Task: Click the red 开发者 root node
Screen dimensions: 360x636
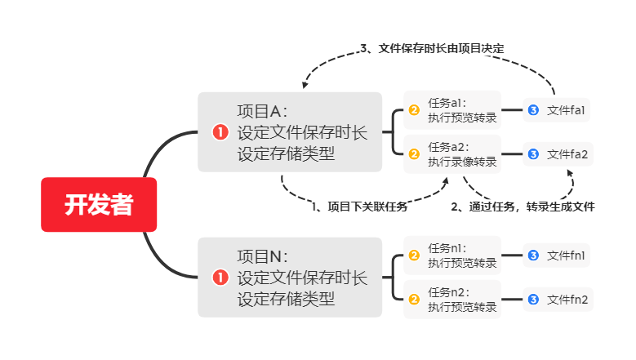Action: tap(99, 205)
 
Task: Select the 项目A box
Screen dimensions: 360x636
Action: tap(290, 132)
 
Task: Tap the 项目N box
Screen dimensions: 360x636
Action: tap(290, 278)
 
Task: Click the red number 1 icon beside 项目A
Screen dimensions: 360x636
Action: tap(220, 132)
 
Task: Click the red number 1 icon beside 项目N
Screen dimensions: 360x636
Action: tap(220, 278)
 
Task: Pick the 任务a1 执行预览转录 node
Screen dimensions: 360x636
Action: tap(451, 110)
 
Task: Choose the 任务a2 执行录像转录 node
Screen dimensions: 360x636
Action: tap(451, 153)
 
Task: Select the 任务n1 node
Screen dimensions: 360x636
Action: tap(451, 256)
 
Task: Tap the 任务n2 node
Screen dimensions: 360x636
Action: tap(451, 300)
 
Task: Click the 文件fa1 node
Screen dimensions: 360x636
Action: tap(557, 110)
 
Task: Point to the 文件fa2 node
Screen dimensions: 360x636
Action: tap(557, 153)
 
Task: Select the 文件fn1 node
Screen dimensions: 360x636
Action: tap(557, 256)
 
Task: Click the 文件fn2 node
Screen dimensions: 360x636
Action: tap(557, 300)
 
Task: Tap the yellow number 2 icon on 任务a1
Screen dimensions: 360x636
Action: tap(414, 110)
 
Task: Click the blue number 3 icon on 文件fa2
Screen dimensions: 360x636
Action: tap(533, 153)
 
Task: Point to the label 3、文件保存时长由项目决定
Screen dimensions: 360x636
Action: tap(432, 49)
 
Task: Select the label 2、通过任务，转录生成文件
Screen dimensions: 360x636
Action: tap(523, 207)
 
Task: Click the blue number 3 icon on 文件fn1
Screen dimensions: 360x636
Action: tap(533, 256)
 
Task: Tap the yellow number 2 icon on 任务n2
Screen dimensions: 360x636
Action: tap(414, 300)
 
